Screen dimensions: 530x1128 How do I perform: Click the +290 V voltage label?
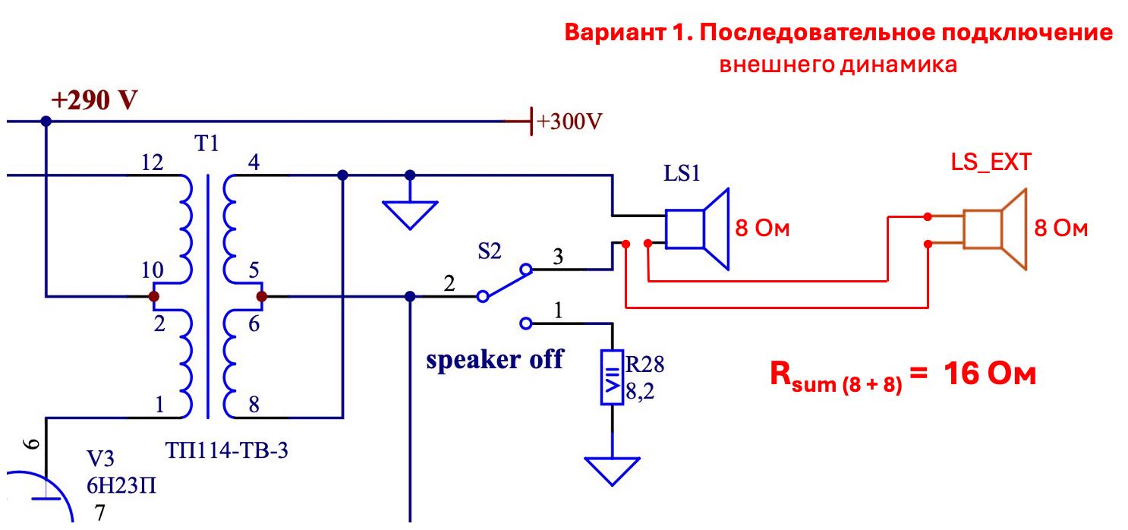pos(94,101)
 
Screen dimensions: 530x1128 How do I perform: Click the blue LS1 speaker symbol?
pos(697,228)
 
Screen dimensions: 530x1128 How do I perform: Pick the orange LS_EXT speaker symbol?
pos(994,228)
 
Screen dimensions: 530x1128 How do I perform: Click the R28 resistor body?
pos(612,377)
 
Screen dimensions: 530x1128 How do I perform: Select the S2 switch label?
pos(490,252)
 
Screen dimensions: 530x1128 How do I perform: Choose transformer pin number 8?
pos(254,405)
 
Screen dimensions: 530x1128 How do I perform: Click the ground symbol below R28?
pos(612,469)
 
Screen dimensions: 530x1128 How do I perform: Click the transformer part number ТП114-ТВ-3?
pos(226,451)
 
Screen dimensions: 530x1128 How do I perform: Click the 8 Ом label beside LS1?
pos(763,229)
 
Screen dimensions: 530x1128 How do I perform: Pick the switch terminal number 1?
pos(559,310)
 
